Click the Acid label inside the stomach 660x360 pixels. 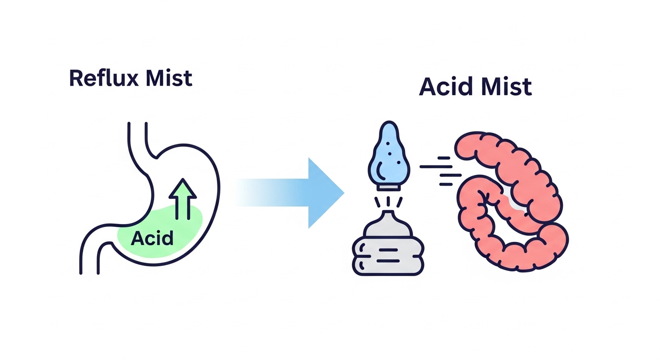point(152,238)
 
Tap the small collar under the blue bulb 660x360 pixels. point(389,186)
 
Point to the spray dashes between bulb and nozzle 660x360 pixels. point(389,201)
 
